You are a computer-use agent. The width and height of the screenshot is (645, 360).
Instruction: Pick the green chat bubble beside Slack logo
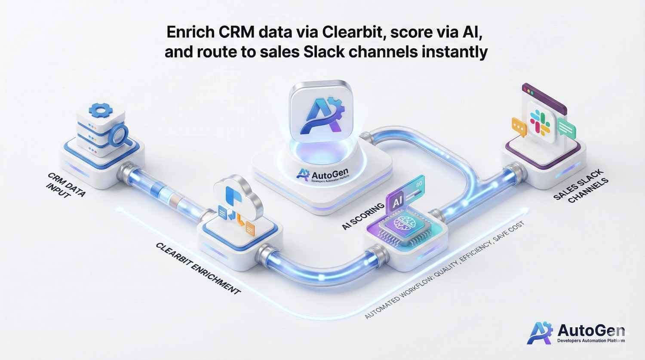click(567, 127)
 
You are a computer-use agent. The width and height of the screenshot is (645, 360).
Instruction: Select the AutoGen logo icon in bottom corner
click(540, 333)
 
